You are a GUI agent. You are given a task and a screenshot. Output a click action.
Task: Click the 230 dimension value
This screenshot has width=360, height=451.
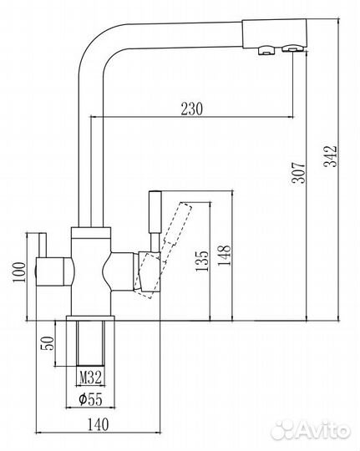point(191,109)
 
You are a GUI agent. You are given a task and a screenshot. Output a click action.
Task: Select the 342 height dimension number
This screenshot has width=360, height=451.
point(330,156)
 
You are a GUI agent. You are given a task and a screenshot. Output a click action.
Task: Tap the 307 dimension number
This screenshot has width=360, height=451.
point(298,173)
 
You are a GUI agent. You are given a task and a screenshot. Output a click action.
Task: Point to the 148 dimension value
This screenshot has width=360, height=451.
point(225,256)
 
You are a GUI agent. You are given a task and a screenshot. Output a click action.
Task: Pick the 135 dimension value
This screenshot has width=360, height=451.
point(202,261)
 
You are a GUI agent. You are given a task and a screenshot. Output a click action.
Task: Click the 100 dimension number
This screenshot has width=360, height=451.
point(19,272)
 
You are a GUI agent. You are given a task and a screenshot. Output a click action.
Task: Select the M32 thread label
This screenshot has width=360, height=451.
point(90,378)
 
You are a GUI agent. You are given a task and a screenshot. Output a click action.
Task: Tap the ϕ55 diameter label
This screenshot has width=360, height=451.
point(90,399)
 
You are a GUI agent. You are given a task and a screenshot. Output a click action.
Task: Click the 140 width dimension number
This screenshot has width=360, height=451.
point(98,424)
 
